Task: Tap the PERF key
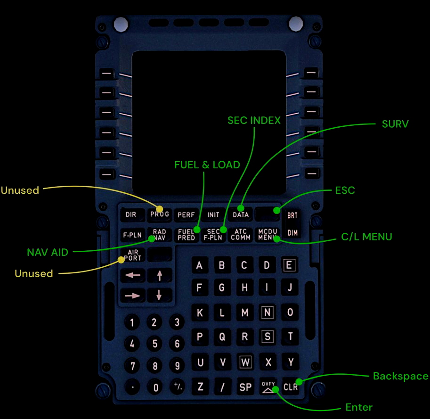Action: [186, 214]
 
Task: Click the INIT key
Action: [213, 214]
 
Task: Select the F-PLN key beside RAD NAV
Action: [132, 235]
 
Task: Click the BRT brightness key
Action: [292, 215]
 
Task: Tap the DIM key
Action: [292, 233]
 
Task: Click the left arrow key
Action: [133, 275]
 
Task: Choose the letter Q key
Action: [222, 337]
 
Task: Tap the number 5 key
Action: [155, 344]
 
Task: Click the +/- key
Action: [178, 386]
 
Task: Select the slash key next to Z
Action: [222, 387]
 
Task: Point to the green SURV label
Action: [395, 124]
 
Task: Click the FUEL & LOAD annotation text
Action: [207, 164]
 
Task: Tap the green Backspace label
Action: [401, 376]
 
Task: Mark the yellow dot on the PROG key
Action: [159, 209]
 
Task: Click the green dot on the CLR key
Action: [299, 381]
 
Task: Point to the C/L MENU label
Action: [366, 237]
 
